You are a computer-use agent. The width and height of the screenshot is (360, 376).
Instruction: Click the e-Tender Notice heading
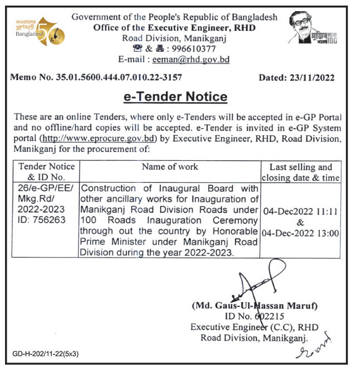coord(175,97)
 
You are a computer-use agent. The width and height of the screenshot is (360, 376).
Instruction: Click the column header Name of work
coord(170,166)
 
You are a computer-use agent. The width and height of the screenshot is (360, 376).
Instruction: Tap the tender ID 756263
coord(50,220)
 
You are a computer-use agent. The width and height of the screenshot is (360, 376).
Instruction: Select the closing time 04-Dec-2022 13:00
coord(301,233)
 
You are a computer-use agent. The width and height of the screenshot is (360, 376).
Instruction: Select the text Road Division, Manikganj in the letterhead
coord(174,38)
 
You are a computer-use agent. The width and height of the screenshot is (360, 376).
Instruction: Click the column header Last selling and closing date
coord(301,172)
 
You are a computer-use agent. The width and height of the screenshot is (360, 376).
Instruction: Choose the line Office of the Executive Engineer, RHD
coord(174,27)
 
